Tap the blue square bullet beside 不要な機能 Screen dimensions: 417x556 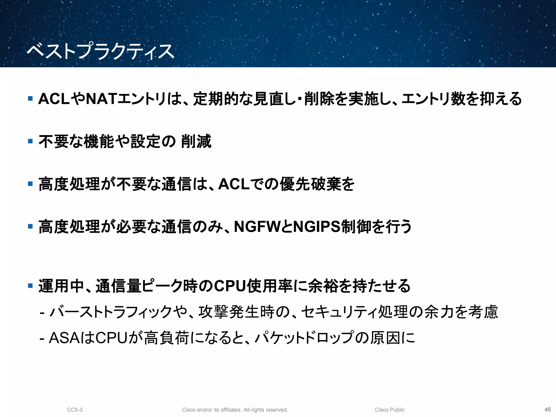pos(30,141)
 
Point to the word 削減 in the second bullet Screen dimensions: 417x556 pos(196,141)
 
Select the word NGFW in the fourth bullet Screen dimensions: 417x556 pos(257,227)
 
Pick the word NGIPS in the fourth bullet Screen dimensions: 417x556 pos(317,227)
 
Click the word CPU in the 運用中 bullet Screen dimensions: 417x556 pos(230,286)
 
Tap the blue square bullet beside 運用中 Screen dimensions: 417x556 pos(30,286)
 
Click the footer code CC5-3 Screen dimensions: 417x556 pos(75,410)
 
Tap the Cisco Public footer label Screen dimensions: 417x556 pos(390,410)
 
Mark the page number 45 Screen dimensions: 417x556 pos(548,409)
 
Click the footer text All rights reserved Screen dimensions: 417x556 pos(266,410)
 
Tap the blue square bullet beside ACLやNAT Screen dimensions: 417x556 pos(30,98)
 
